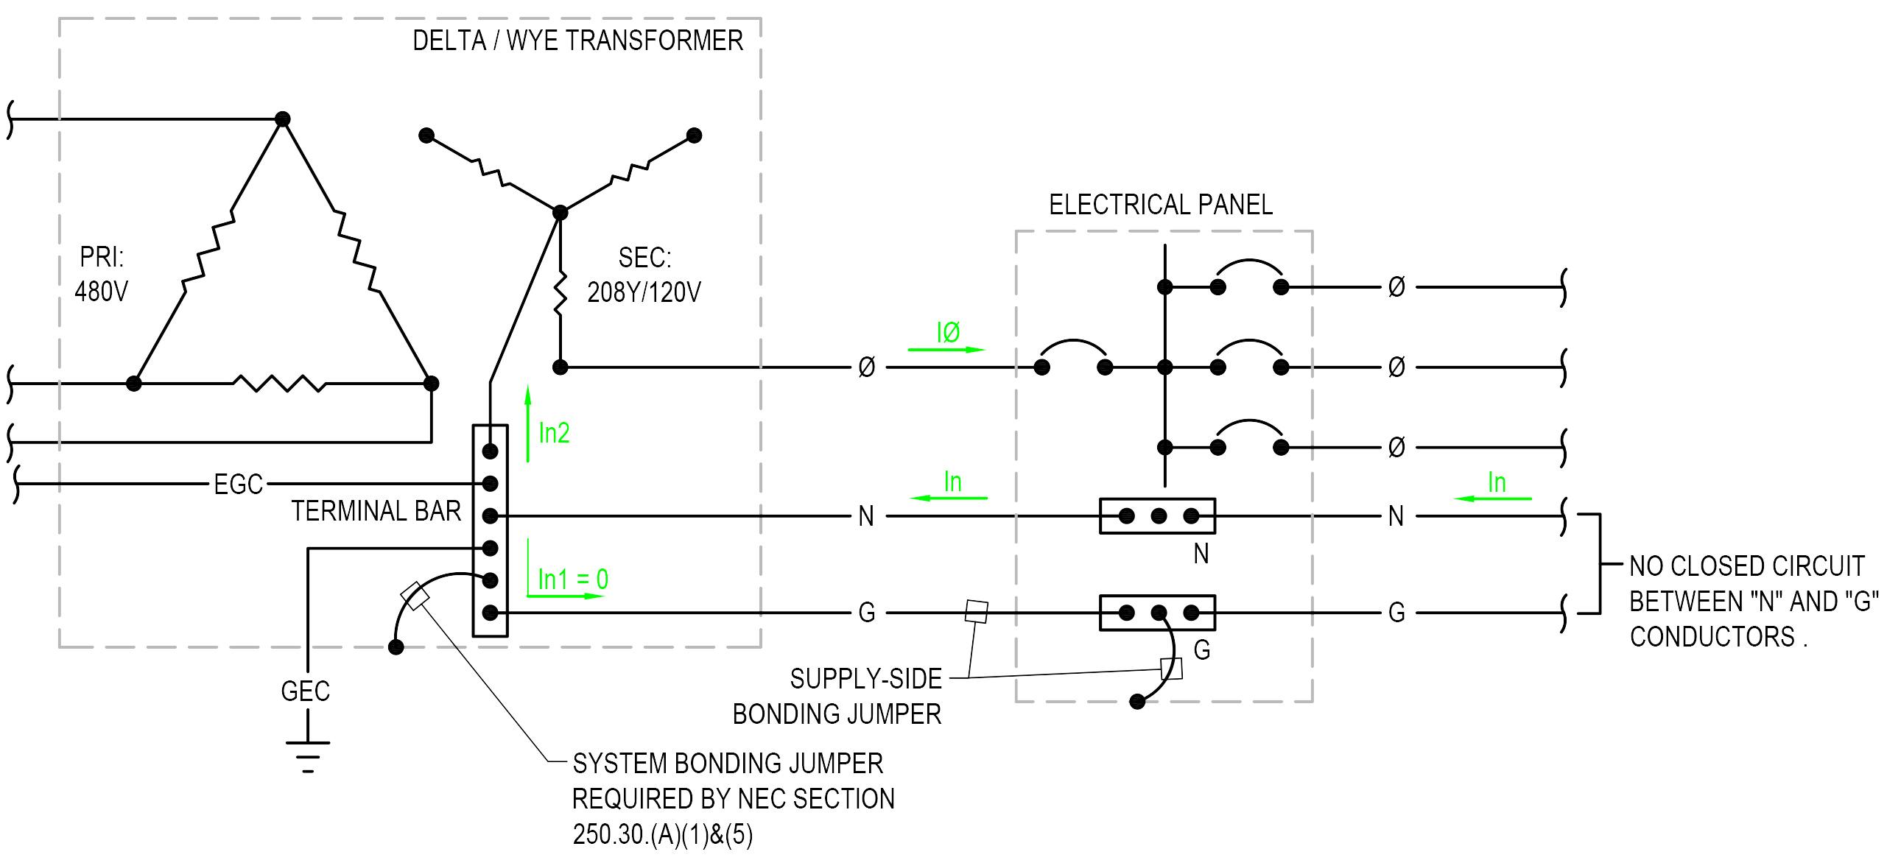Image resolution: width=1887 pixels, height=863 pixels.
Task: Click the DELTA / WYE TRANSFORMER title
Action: pyautogui.click(x=577, y=40)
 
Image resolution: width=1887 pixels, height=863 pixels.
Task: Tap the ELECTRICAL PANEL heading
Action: pyautogui.click(x=1160, y=205)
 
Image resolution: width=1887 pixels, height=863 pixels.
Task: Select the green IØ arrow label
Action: pyautogui.click(x=948, y=334)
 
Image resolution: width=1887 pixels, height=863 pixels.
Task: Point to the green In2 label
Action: pyautogui.click(x=554, y=433)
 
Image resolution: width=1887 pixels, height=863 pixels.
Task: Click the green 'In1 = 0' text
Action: pyautogui.click(x=573, y=580)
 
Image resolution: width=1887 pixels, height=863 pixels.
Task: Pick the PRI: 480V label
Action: pyautogui.click(x=102, y=275)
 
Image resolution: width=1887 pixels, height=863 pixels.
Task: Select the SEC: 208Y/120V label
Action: pyautogui.click(x=644, y=275)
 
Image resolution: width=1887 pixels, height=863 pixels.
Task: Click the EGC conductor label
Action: pyautogui.click(x=238, y=485)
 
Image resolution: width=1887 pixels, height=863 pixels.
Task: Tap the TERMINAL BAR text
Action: pyautogui.click(x=376, y=511)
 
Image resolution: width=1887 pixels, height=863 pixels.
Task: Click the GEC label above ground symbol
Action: pyautogui.click(x=305, y=691)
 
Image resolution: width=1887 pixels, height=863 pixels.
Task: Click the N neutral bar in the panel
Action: pyautogui.click(x=1157, y=516)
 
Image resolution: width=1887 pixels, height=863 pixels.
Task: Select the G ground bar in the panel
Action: pyautogui.click(x=1157, y=613)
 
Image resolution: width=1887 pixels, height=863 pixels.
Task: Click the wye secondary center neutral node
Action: pyautogui.click(x=560, y=213)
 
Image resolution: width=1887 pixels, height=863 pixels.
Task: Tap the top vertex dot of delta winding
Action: pyautogui.click(x=282, y=119)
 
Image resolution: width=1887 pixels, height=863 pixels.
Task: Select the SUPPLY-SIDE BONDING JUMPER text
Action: pyautogui.click(x=837, y=696)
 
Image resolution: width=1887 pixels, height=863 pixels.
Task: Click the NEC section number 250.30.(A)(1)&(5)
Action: pyautogui.click(x=663, y=835)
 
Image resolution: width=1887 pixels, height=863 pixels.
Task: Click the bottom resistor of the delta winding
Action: pyautogui.click(x=280, y=383)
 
